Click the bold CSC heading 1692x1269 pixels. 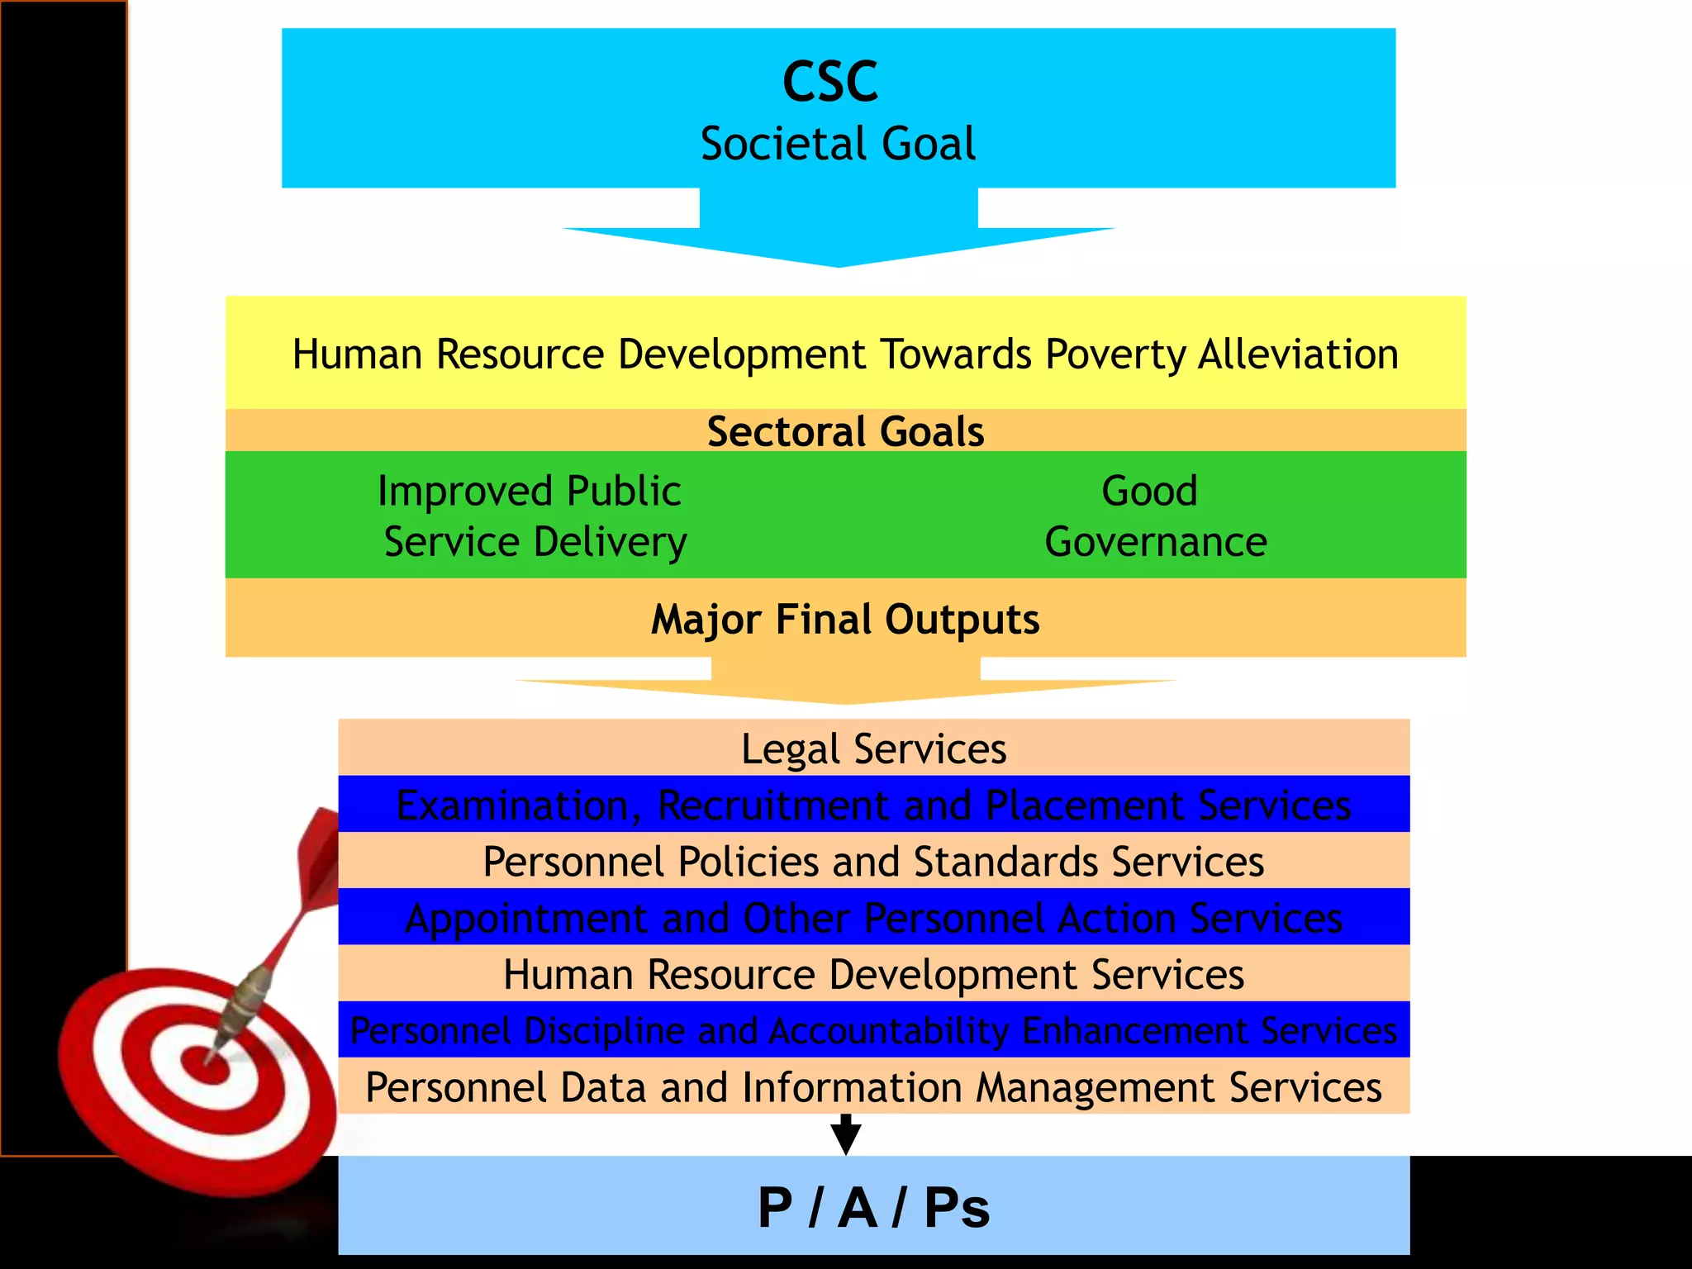click(x=829, y=82)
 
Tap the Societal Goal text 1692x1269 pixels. click(x=838, y=144)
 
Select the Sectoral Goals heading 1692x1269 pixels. click(x=845, y=431)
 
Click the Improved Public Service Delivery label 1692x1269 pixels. click(x=534, y=516)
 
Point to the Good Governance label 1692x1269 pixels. click(x=1154, y=516)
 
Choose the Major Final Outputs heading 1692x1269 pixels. click(x=845, y=620)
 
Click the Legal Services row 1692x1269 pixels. click(x=873, y=749)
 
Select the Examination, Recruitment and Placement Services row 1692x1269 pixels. click(x=873, y=805)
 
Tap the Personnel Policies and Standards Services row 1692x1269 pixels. click(x=873, y=861)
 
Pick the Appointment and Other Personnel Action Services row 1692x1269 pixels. click(x=873, y=918)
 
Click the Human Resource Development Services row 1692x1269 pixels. click(x=873, y=974)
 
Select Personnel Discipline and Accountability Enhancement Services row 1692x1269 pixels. click(x=873, y=1030)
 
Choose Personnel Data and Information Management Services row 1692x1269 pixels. click(x=873, y=1087)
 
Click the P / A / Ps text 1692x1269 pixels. click(x=873, y=1208)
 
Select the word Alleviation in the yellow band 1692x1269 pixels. click(x=1298, y=354)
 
